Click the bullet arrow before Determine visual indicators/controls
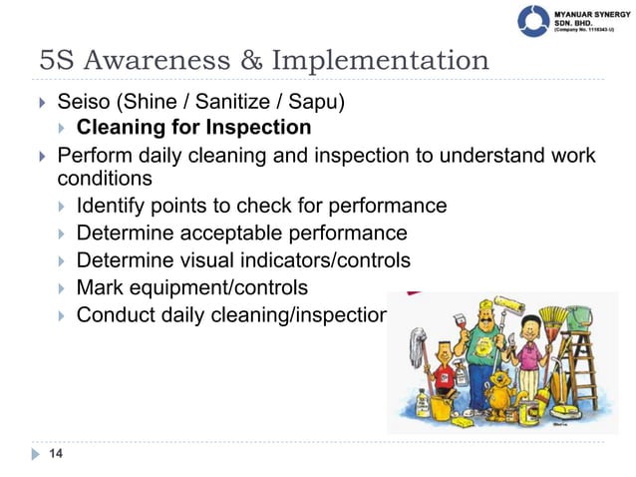[62, 261]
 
